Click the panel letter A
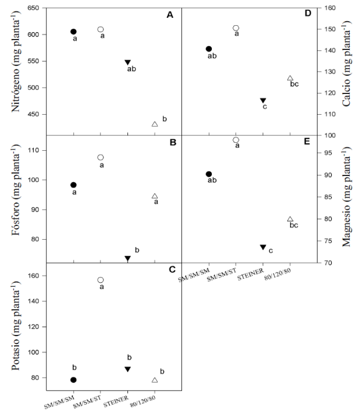click(170, 15)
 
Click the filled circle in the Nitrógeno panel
click(73, 32)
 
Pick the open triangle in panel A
click(154, 124)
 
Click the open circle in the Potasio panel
click(100, 280)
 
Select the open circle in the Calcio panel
click(235, 28)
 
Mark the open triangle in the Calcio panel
click(290, 78)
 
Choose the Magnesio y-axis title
click(346, 199)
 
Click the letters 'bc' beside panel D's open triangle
click(295, 84)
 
